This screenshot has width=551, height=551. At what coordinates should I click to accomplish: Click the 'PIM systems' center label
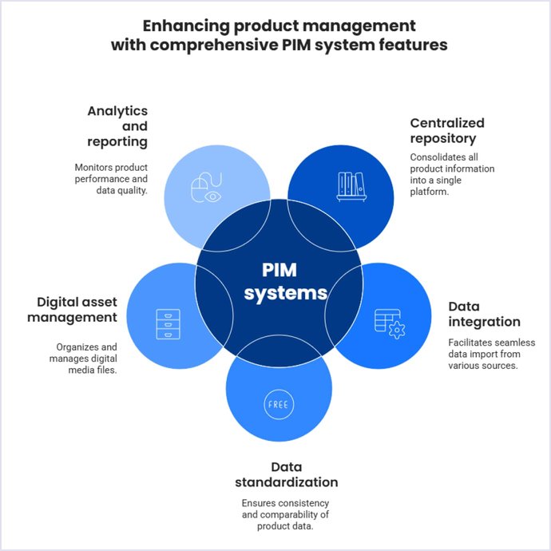pyautogui.click(x=285, y=280)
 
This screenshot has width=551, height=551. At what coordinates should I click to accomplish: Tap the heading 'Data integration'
pyautogui.click(x=484, y=314)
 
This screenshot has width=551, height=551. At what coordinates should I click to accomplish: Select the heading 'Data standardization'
pyautogui.click(x=286, y=474)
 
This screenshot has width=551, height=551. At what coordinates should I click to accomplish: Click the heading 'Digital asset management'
pyautogui.click(x=77, y=310)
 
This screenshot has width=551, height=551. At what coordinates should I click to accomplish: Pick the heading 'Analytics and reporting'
pyautogui.click(x=117, y=126)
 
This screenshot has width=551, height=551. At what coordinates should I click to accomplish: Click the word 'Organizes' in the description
pyautogui.click(x=77, y=347)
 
